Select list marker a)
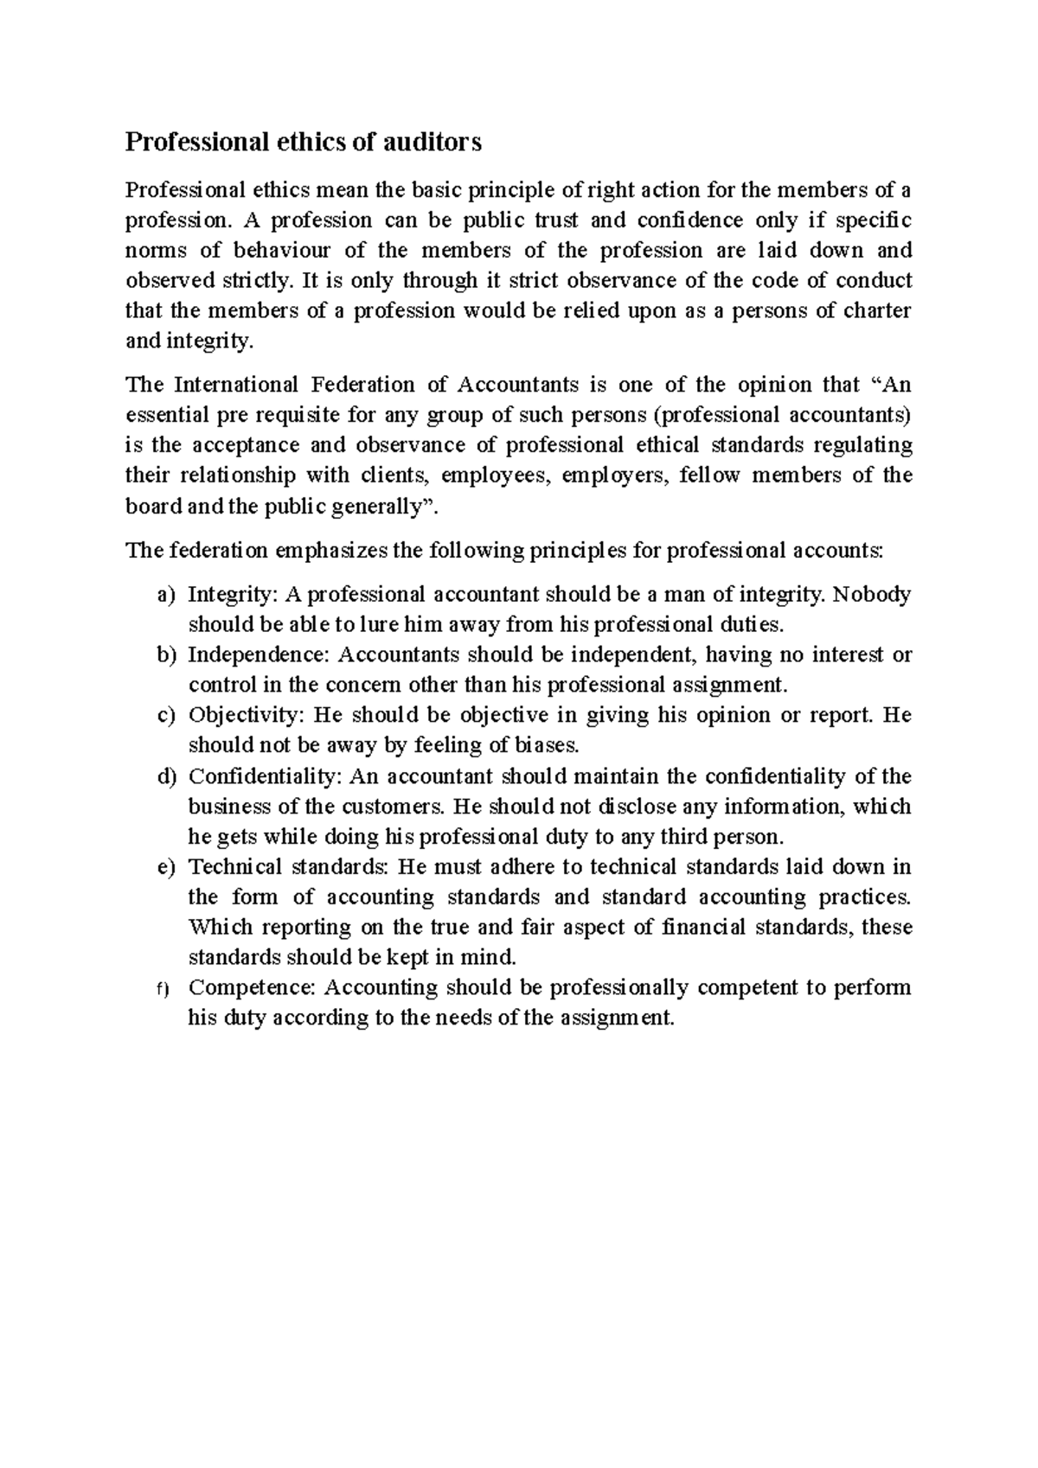(x=166, y=595)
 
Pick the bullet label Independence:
(x=259, y=655)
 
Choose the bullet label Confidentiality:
(x=266, y=776)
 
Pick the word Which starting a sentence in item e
(x=221, y=927)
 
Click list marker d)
(x=166, y=776)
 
